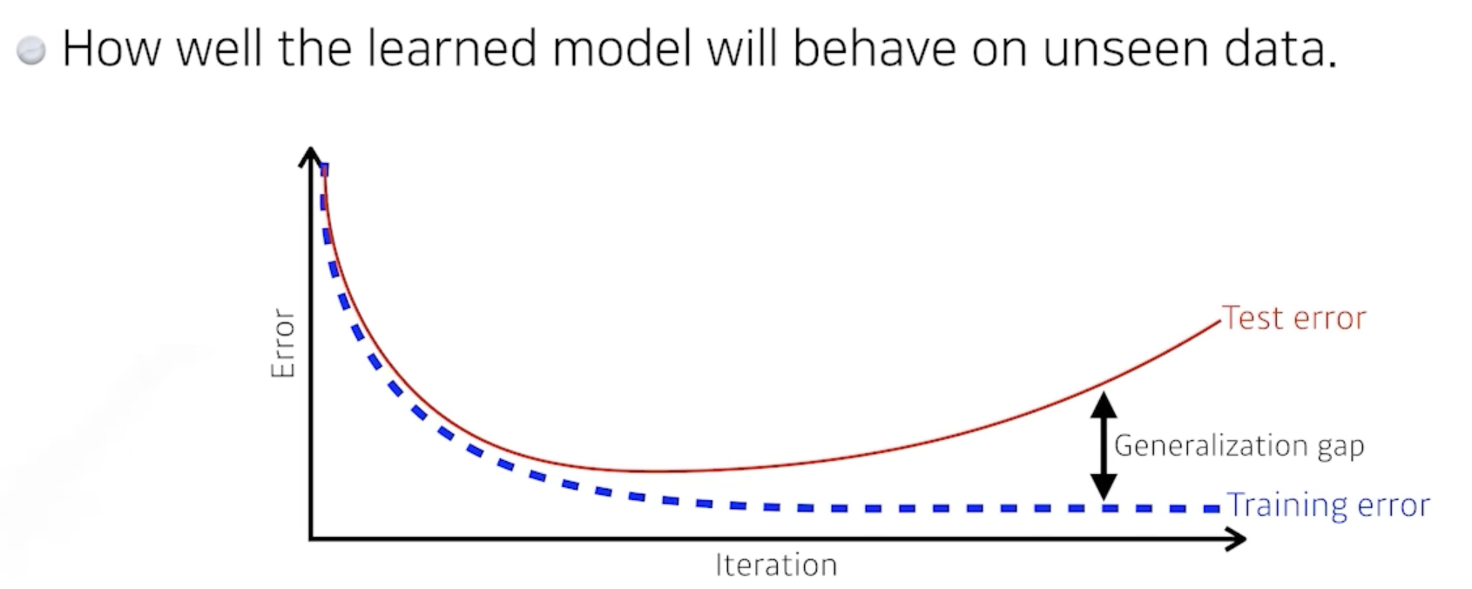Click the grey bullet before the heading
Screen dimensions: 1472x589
click(x=30, y=50)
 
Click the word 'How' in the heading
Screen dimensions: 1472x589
click(x=111, y=49)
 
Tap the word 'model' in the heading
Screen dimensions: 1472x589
click(x=622, y=49)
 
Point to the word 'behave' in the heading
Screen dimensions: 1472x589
click(x=874, y=49)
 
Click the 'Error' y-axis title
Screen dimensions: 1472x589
click(x=282, y=342)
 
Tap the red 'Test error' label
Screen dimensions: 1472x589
click(x=1293, y=318)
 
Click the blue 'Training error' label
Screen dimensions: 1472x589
click(x=1328, y=505)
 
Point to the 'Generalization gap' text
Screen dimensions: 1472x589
click(x=1239, y=445)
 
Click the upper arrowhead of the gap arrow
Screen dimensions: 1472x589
click(x=1104, y=404)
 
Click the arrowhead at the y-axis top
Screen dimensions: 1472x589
click(x=310, y=157)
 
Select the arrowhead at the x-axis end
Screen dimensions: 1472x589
click(x=1235, y=539)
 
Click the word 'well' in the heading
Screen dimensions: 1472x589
click(x=219, y=49)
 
